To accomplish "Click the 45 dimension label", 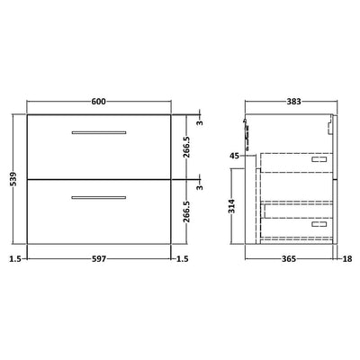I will (236, 156).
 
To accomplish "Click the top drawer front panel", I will (99, 153).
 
